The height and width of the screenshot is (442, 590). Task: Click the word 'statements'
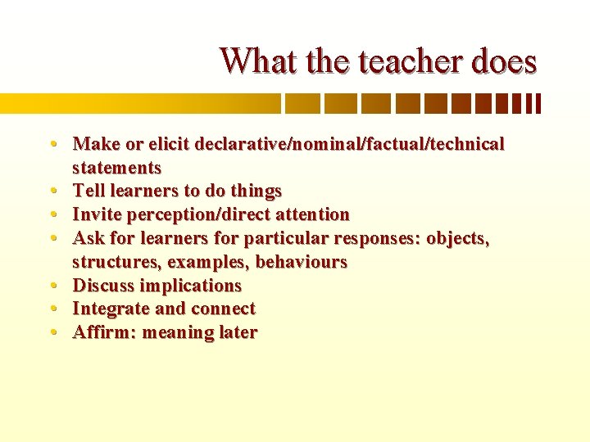(x=116, y=168)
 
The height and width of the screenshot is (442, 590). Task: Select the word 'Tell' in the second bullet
(x=88, y=191)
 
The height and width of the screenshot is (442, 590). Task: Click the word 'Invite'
(x=96, y=214)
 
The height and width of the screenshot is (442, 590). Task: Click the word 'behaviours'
(x=302, y=262)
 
